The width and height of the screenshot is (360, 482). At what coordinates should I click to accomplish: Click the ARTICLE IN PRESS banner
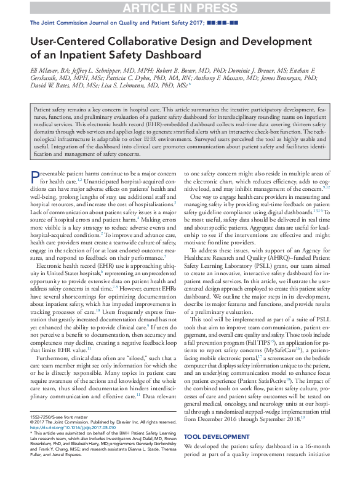click(180, 8)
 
